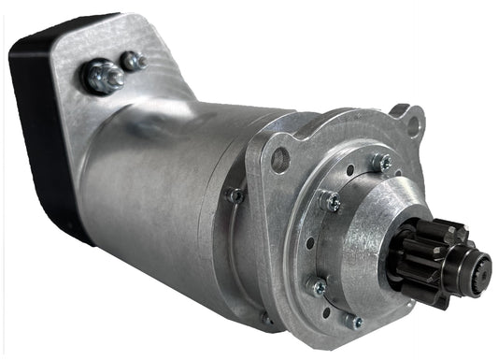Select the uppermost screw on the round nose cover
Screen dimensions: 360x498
381,162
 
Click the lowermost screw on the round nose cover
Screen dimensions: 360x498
352,321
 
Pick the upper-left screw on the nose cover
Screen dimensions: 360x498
330,199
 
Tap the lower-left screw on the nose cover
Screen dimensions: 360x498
319,286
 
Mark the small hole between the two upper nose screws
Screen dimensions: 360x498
350,172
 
